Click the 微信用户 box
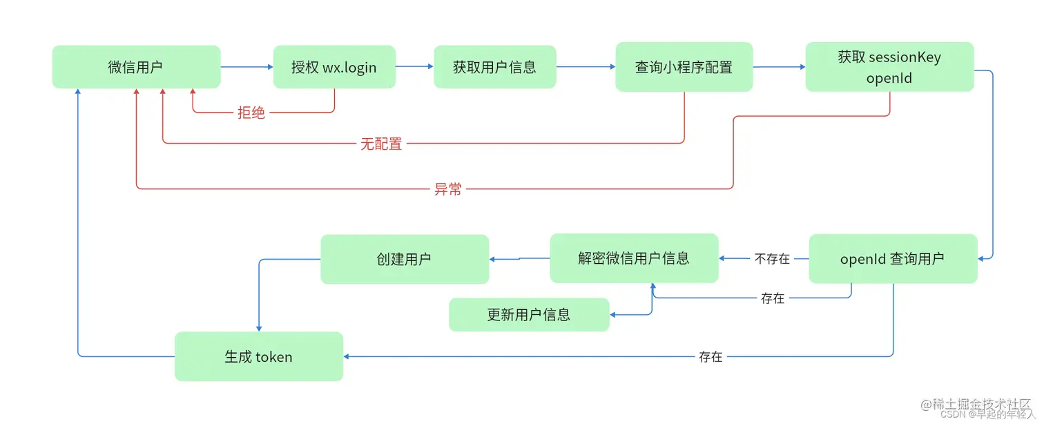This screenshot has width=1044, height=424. (x=136, y=67)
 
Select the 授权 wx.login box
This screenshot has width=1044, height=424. (x=334, y=67)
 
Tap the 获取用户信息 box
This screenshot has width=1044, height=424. (x=494, y=67)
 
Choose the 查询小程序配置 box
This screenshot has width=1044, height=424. (x=684, y=67)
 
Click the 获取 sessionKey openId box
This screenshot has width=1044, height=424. (x=889, y=67)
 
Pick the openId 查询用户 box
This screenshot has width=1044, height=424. (x=893, y=259)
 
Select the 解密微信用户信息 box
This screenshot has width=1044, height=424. (x=634, y=258)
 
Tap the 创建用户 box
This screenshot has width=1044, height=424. (x=405, y=259)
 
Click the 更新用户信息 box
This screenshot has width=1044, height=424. (x=529, y=315)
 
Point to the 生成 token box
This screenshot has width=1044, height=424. (x=258, y=356)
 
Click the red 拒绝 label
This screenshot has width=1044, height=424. (x=251, y=113)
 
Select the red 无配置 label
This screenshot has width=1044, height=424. (x=381, y=144)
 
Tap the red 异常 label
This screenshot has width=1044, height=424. (x=447, y=189)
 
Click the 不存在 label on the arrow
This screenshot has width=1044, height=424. (x=772, y=259)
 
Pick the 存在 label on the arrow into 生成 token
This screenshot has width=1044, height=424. (x=710, y=356)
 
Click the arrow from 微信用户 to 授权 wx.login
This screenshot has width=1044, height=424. (x=247, y=67)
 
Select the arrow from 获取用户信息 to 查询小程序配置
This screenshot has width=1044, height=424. (x=586, y=67)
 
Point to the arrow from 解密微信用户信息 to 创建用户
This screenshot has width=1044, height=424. (x=519, y=259)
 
